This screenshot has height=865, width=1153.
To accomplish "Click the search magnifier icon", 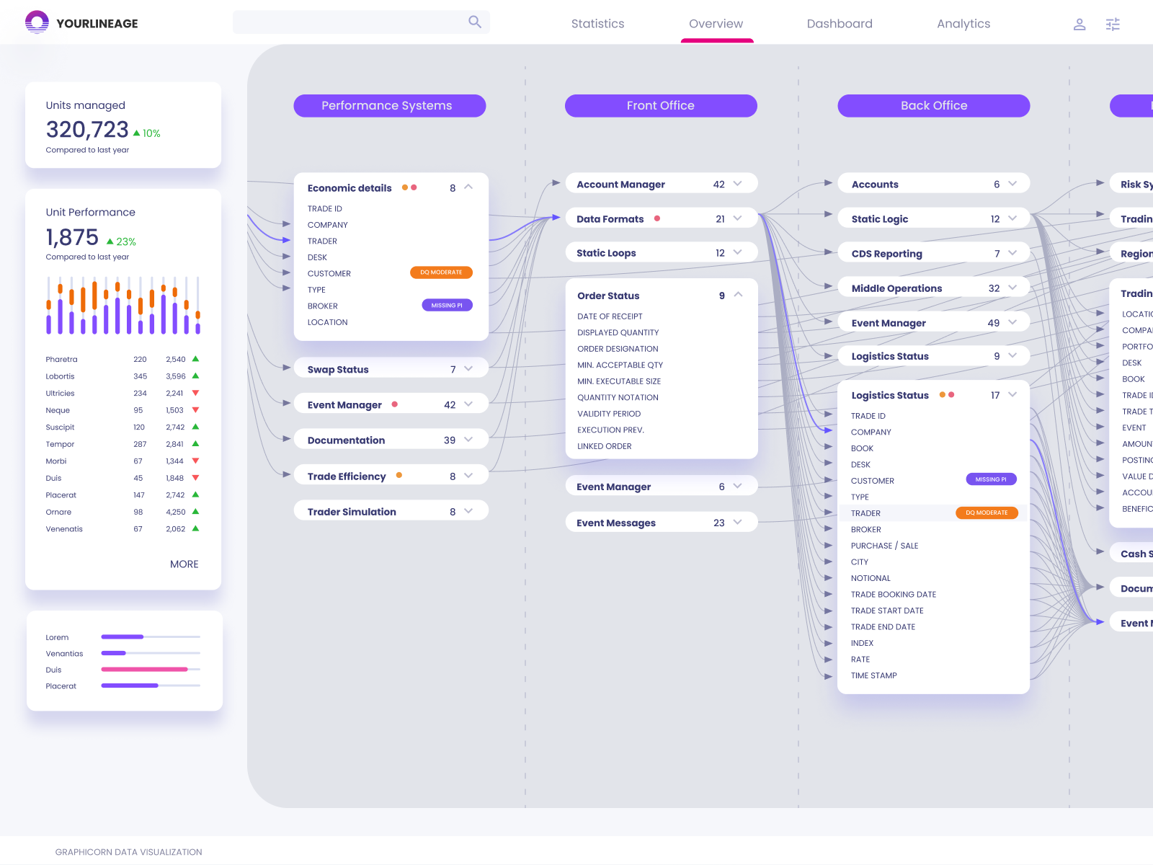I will point(474,22).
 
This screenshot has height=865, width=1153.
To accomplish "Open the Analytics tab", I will point(963,24).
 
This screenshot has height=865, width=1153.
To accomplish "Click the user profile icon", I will point(1079,25).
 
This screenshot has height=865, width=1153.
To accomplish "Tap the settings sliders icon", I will point(1113,25).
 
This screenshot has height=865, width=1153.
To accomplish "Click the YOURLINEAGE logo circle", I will point(37,22).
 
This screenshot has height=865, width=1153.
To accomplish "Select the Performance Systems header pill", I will point(389,106).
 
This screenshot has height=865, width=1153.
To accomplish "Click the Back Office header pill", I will point(933,106).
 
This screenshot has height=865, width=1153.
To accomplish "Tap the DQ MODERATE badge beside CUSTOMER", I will point(441,272).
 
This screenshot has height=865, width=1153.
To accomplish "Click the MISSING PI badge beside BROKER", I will point(447,306).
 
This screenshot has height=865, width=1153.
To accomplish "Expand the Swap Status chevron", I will point(468,369).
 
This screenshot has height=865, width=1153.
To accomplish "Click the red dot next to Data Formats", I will point(657,218).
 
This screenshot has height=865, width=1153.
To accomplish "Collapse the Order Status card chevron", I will point(738,295).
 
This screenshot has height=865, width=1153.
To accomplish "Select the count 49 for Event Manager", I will point(993,323).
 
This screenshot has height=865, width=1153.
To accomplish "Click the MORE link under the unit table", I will point(184,564).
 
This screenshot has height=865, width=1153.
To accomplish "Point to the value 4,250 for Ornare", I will point(176,513).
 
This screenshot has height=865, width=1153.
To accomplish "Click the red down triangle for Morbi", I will point(195,461).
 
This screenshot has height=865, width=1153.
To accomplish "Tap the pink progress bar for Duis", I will point(144,670).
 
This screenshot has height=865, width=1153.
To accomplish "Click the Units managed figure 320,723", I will point(87,130).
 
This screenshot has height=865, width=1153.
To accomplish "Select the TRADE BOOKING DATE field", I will point(894,595).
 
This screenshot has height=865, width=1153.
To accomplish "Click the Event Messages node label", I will point(616,523).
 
